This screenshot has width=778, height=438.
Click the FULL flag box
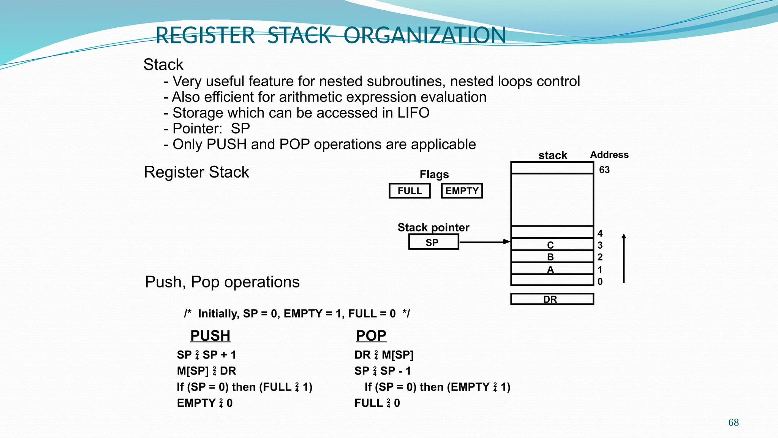[x=410, y=191]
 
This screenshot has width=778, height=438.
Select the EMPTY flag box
[x=462, y=191]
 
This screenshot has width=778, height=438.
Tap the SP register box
[x=433, y=242]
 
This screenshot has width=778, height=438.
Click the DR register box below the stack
[x=552, y=299]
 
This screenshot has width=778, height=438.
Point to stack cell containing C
[x=552, y=244]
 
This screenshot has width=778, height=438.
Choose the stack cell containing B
[x=552, y=257]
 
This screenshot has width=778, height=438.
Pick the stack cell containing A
[x=552, y=269]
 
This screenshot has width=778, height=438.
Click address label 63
[x=604, y=170]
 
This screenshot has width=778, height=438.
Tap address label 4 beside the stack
[x=600, y=233]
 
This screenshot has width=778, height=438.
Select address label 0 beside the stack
[x=600, y=282]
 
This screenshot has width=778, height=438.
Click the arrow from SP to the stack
[x=485, y=242]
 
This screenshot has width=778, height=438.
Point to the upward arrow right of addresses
[x=624, y=259]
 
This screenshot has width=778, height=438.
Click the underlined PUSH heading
[x=210, y=336]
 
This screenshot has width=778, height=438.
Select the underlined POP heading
[x=371, y=336]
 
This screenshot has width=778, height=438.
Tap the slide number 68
[x=734, y=422]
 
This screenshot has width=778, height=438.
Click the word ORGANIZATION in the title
[x=424, y=35]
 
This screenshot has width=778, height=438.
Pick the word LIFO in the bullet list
[x=413, y=113]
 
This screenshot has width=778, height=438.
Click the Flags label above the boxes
[x=434, y=175]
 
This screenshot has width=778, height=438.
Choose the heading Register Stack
[x=196, y=172]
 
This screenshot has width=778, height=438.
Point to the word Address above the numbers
[x=609, y=155]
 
